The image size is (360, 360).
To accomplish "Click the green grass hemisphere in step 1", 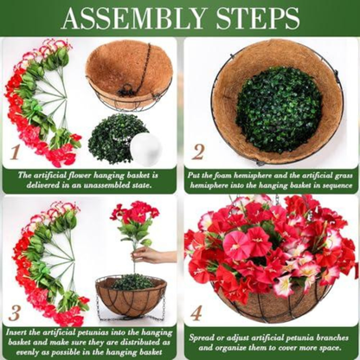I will [x=117, y=138].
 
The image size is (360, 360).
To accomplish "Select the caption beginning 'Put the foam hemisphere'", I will [x=270, y=180].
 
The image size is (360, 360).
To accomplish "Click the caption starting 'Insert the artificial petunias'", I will [x=90, y=342].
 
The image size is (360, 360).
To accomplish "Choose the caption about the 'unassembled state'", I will [x=90, y=180].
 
